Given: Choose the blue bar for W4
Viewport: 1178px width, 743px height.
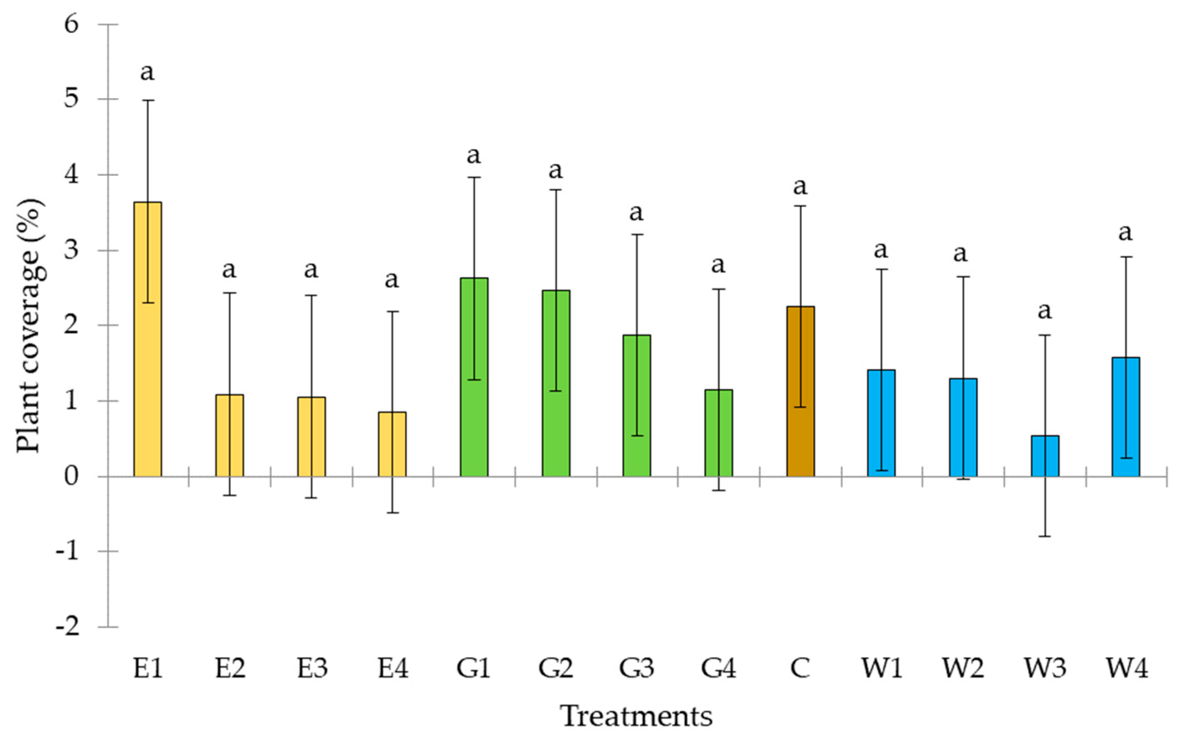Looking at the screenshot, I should (1126, 416).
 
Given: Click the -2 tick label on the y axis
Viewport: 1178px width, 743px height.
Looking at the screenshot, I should (68, 627).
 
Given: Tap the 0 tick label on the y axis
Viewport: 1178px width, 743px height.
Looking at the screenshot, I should (71, 476).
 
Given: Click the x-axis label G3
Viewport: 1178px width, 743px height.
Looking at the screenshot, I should (637, 668).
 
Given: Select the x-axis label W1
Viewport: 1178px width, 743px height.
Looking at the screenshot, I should (882, 668).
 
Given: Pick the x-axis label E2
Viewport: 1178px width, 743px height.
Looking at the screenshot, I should (230, 668).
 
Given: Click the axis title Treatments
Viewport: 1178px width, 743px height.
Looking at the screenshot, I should (637, 716).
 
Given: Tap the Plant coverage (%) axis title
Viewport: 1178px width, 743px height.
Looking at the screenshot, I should (29, 325).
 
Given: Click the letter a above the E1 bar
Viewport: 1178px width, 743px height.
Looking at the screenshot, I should (147, 72).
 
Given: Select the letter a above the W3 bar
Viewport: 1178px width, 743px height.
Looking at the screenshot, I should (1045, 311).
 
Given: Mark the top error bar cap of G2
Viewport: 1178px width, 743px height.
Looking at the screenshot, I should (556, 190).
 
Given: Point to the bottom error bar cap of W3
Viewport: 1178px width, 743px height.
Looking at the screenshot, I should (1045, 536).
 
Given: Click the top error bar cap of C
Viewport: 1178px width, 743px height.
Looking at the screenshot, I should (800, 206).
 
